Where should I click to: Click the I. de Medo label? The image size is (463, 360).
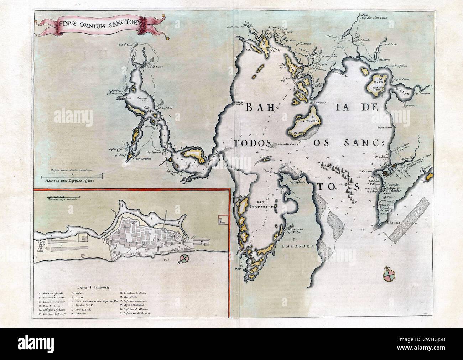tap(265, 157)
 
